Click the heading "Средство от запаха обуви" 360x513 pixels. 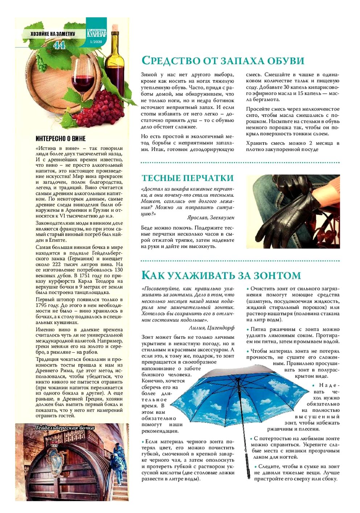(x=222, y=60)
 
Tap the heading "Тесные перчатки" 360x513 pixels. (x=187, y=178)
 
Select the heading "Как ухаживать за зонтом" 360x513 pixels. (x=221, y=275)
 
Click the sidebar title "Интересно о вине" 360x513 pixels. (x=61, y=138)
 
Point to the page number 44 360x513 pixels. (x=59, y=45)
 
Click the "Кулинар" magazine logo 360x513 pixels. (x=96, y=33)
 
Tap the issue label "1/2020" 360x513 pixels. (x=96, y=42)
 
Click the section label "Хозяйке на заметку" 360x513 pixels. (x=53, y=34)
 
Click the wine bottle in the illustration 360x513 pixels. (x=115, y=58)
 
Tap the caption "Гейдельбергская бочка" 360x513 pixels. (x=65, y=428)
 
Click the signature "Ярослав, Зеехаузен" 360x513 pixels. (x=211, y=217)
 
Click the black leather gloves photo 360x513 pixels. (x=293, y=211)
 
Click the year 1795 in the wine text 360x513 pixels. (x=42, y=305)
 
